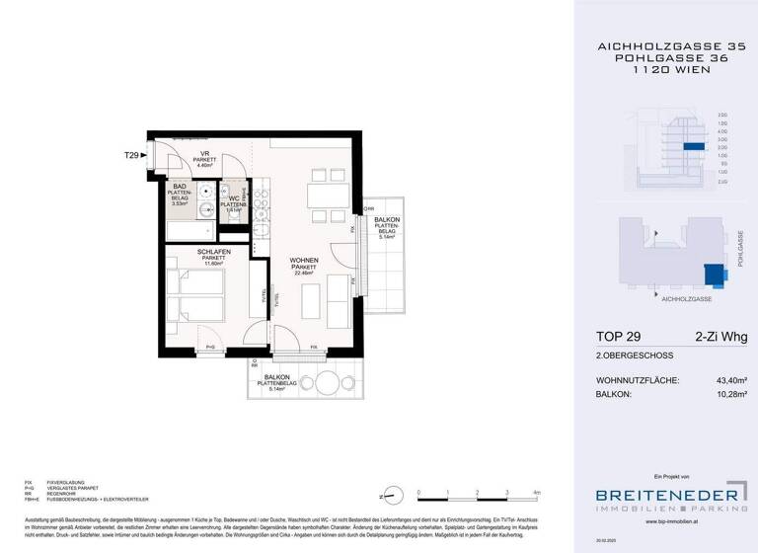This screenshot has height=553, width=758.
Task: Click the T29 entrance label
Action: pyautogui.click(x=131, y=155)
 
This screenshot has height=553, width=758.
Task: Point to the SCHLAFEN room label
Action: pyautogui.click(x=188, y=252)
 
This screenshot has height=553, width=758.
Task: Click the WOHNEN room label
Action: pyautogui.click(x=303, y=261)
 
